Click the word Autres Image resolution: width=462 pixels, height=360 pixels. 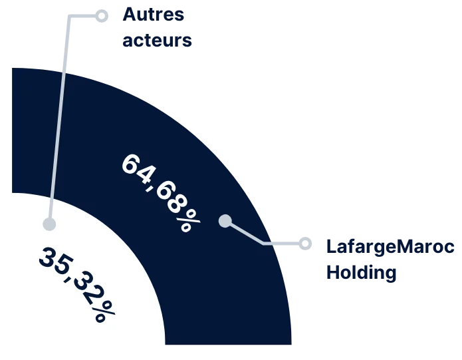pos(153,14)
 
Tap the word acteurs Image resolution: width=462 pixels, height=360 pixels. pos(157,40)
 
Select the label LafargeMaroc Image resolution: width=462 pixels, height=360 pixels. pos(390,247)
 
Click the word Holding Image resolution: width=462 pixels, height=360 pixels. pos(361,272)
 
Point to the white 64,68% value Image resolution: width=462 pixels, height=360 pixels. pos(161,192)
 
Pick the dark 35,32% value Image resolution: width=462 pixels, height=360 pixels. pos(77,284)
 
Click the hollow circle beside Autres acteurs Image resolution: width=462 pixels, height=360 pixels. pos(102,16)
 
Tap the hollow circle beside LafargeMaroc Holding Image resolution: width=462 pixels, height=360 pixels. pos(305,244)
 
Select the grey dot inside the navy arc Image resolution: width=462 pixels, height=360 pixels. pos(225,221)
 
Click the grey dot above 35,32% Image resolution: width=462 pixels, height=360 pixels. pos(49,224)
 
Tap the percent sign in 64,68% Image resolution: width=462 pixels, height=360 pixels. pos(189,220)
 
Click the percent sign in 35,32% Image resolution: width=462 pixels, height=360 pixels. pos(103,311)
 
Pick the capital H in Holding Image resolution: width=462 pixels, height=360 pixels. pos(332,272)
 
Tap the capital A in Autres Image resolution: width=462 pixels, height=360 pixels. pos(129,14)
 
